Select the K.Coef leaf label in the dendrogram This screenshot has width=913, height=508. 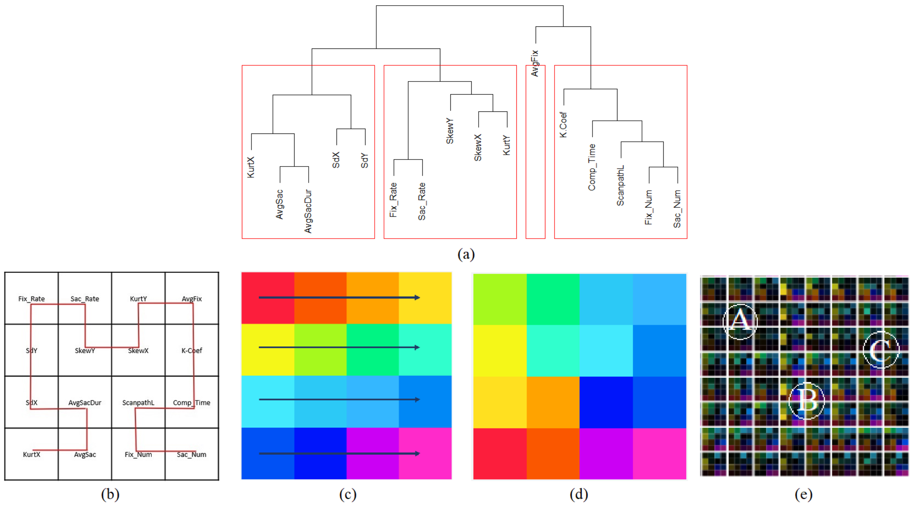point(563,125)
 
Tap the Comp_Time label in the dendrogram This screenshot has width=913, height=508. point(592,167)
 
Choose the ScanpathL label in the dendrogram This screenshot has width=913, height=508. point(620,186)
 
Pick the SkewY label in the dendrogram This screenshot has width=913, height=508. point(450,131)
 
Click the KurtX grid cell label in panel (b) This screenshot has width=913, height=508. point(32,455)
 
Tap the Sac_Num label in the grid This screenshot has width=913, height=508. point(192,455)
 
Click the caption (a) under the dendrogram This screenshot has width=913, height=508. point(466,254)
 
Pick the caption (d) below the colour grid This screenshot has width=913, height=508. point(579,494)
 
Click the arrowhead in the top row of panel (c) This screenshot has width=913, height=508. point(417,298)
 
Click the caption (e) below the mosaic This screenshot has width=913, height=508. point(804,494)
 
